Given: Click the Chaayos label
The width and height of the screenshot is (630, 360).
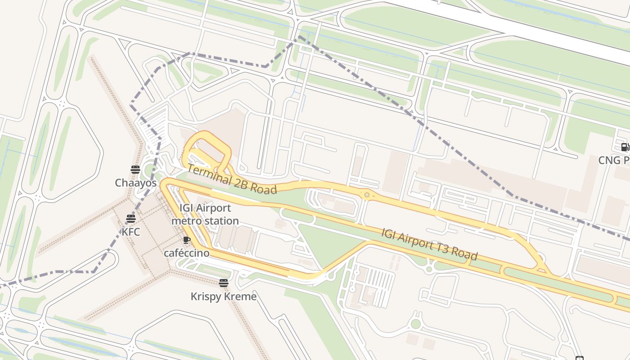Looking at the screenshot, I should [135, 183].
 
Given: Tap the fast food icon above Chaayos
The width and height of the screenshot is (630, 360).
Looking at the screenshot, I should [135, 170].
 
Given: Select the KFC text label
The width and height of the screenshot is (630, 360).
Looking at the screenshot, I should [131, 232].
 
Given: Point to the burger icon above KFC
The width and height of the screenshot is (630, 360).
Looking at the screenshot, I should [131, 219].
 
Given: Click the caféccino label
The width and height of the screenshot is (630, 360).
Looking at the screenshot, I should [186, 253].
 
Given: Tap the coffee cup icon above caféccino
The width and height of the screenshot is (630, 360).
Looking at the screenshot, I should [186, 240].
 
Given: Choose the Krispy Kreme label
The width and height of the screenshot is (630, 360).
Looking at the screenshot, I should [224, 297].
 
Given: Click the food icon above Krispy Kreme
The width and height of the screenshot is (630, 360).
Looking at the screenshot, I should [224, 283].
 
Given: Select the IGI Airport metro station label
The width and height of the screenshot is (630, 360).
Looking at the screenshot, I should [205, 214].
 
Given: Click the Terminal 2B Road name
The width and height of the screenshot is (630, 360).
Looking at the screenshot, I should [232, 180].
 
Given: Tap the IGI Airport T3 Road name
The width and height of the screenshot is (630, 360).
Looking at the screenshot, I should [429, 244].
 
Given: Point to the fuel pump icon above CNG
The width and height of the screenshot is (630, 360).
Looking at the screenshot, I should [625, 147].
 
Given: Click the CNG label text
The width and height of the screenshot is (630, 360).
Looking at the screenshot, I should [613, 160].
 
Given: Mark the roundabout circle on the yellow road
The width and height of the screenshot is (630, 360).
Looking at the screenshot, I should [367, 195].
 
